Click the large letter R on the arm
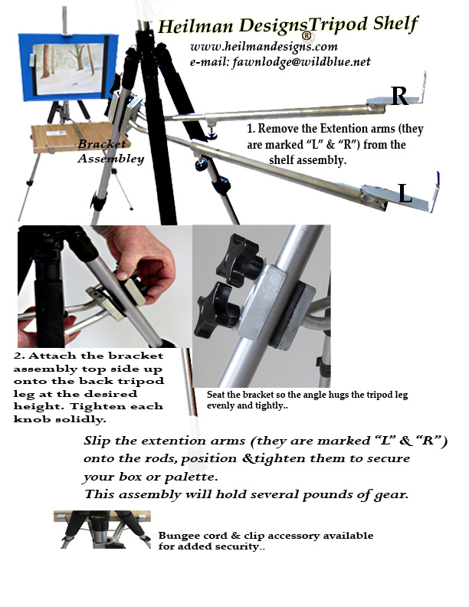(399, 96)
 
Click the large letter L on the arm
(405, 194)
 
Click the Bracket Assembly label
(110, 152)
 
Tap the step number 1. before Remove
(251, 130)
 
